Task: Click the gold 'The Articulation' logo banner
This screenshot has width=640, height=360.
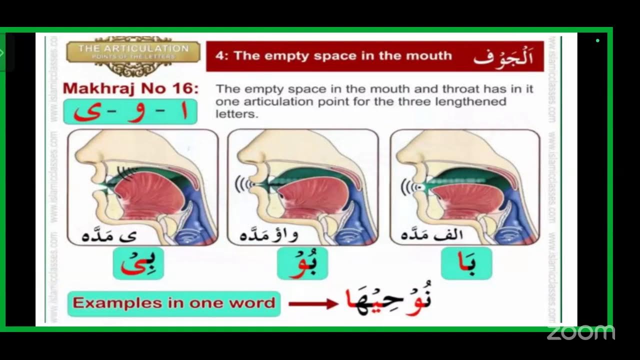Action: click(x=133, y=52)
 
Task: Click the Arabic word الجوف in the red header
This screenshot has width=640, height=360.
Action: click(x=502, y=56)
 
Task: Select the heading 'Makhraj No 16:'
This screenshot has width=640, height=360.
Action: click(x=130, y=89)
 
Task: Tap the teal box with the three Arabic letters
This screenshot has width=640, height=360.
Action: click(x=130, y=112)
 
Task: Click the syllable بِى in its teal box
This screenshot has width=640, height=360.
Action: click(x=138, y=263)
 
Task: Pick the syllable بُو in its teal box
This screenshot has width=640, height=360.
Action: click(x=302, y=263)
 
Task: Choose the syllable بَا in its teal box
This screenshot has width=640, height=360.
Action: click(x=466, y=263)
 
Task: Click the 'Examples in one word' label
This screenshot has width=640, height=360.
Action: click(x=173, y=303)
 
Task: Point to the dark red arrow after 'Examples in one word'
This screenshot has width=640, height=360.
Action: click(x=313, y=303)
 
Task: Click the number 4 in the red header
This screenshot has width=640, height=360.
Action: click(x=219, y=56)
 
